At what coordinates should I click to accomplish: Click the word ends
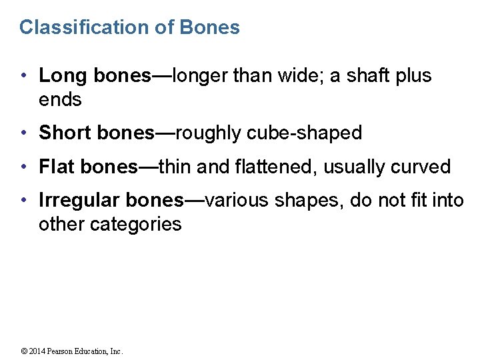(60, 100)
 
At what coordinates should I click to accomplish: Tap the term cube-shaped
(305, 133)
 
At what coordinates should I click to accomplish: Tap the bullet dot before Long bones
(24, 77)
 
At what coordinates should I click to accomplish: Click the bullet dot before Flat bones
(24, 167)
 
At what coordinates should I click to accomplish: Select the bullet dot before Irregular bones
(24, 201)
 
